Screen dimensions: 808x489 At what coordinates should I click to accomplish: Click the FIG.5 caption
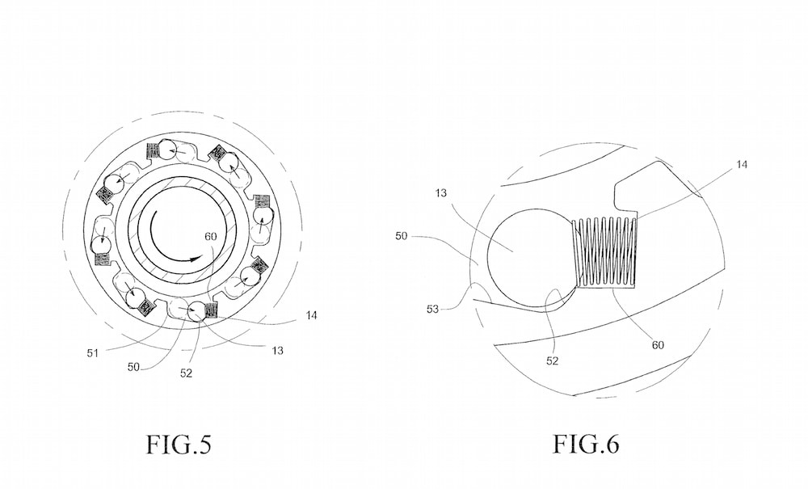point(179,444)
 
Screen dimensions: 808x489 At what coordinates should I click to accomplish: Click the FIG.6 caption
point(586,444)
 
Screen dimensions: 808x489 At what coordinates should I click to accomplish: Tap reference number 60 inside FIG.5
point(211,237)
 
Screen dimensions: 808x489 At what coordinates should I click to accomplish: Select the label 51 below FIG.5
point(93,353)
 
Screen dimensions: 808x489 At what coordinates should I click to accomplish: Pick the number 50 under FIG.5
point(133,367)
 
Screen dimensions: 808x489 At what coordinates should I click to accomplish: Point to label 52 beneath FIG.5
point(186,373)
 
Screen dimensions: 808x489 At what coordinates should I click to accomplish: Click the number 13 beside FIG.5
point(277,351)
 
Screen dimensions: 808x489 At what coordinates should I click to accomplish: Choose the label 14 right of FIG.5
point(311,315)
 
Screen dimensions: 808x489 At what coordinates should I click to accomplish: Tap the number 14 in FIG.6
point(742,164)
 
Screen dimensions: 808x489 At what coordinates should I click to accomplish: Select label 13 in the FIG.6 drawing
point(441,193)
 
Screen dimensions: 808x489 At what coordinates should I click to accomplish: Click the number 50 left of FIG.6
point(402,236)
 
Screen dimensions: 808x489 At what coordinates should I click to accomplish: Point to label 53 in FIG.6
point(432,310)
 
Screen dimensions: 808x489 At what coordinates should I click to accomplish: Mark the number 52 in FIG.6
point(552,360)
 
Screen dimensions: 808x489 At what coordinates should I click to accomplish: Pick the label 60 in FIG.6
point(658,345)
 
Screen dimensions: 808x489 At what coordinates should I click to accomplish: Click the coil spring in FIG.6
point(605,251)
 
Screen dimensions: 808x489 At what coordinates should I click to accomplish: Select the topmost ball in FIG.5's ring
point(167,150)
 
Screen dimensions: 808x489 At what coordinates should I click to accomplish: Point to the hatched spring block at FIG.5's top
point(154,150)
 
